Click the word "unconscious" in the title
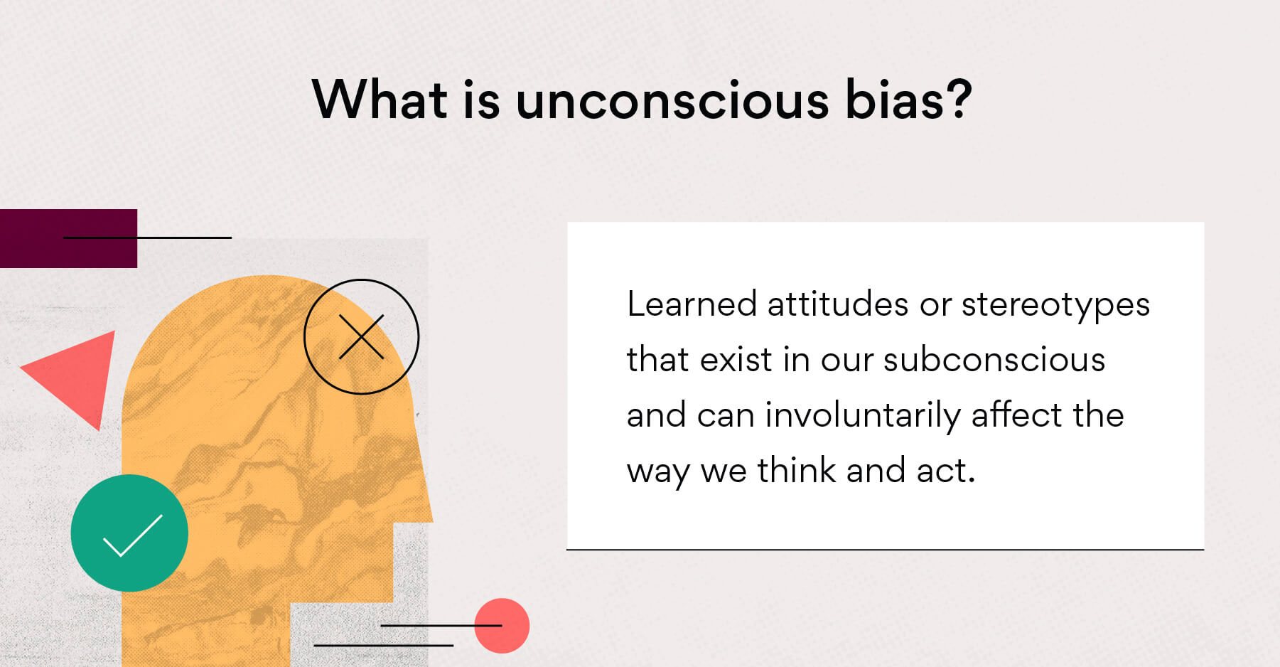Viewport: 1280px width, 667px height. click(672, 100)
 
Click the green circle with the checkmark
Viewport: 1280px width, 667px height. click(129, 533)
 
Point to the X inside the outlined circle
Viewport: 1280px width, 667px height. click(361, 336)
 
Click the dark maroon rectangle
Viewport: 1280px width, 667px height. click(68, 238)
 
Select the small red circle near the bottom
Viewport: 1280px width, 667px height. click(502, 626)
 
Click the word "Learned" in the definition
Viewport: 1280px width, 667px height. click(692, 304)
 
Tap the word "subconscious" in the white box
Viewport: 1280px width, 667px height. click(994, 360)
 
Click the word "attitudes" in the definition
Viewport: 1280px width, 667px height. click(838, 305)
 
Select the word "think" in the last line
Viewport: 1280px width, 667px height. click(796, 471)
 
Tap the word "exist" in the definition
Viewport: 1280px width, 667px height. click(736, 360)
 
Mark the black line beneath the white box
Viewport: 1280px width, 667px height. click(885, 550)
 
